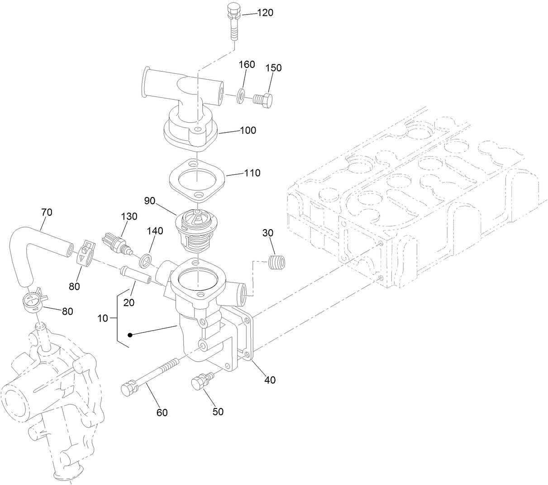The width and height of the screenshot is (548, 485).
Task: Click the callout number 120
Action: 265,13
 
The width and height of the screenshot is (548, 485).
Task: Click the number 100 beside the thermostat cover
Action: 248,130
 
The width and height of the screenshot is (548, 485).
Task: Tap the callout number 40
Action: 270,379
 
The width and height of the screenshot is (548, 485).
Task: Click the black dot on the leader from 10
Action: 130,335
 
